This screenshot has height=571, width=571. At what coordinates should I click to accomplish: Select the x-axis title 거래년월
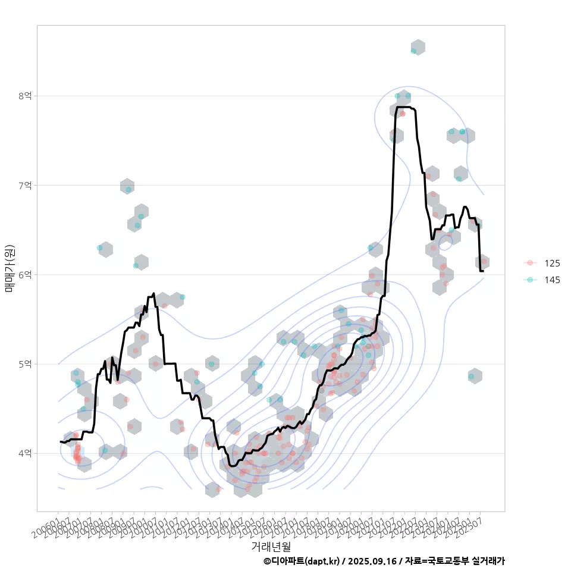pyautogui.click(x=271, y=546)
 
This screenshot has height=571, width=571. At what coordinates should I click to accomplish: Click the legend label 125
pyautogui.click(x=552, y=263)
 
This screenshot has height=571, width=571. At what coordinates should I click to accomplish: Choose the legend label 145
pyautogui.click(x=552, y=280)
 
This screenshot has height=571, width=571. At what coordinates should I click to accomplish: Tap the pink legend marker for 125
pyautogui.click(x=530, y=263)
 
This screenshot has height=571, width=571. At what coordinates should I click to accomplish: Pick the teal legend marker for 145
pyautogui.click(x=530, y=280)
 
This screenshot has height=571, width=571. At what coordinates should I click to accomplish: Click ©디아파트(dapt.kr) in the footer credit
pyautogui.click(x=302, y=561)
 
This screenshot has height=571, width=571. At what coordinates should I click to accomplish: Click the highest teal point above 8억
pyautogui.click(x=413, y=51)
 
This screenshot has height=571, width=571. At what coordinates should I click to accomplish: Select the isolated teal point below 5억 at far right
pyautogui.click(x=471, y=377)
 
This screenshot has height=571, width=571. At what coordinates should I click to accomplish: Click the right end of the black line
pyautogui.click(x=483, y=271)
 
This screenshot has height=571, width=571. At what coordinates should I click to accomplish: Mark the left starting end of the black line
pyautogui.click(x=61, y=441)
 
